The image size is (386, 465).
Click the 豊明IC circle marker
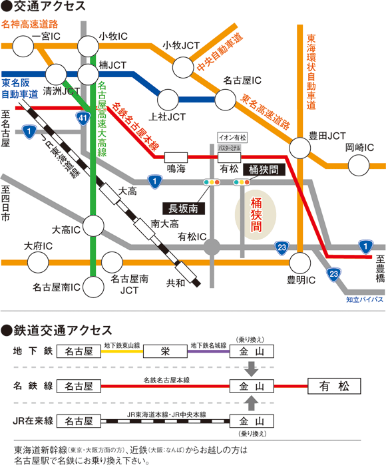click(299, 261)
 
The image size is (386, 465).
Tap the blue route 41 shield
click(81, 118)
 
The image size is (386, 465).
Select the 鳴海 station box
click(175, 156)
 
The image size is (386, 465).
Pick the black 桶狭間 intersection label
click(264, 170)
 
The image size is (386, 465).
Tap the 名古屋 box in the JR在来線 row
click(79, 421)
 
